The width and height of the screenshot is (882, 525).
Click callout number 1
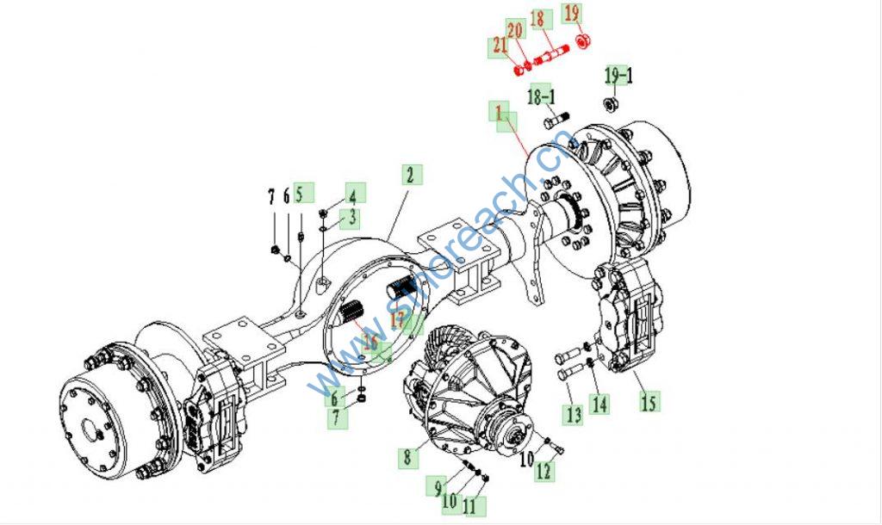point(497,112)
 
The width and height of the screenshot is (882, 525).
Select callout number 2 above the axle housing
point(410,175)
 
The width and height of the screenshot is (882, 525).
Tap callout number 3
point(352,219)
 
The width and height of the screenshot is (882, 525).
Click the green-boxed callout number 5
point(301,194)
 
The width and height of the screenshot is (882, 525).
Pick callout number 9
point(438,487)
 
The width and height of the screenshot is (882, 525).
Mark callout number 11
point(469,507)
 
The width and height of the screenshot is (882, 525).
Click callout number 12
point(543,471)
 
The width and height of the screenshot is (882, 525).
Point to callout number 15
point(649,400)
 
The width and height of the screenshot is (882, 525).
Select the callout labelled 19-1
point(618,76)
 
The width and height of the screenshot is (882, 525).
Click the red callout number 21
point(500,46)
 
